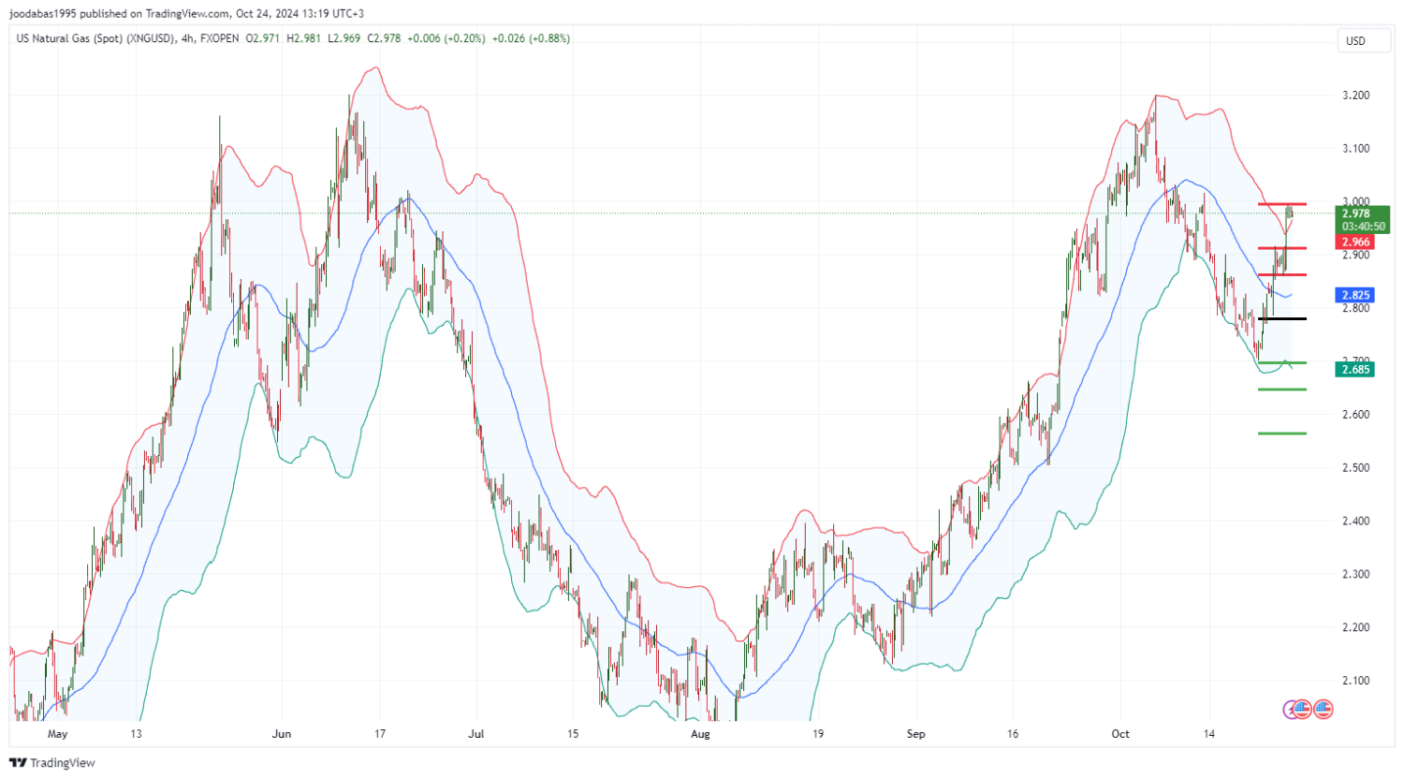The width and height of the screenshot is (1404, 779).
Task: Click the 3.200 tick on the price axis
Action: point(1355,96)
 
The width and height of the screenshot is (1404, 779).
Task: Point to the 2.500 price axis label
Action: point(1355,468)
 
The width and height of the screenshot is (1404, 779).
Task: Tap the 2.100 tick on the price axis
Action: point(1355,681)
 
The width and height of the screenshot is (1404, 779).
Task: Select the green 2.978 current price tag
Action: point(1363,219)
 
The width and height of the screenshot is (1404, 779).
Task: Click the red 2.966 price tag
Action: point(1355,243)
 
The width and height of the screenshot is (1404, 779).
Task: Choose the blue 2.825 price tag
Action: point(1355,295)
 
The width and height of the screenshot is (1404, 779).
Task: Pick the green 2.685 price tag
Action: point(1355,370)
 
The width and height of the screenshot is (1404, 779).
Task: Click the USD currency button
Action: point(1355,41)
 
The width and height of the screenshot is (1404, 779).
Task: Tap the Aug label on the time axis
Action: point(700,734)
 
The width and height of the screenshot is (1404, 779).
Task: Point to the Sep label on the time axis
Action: point(915,734)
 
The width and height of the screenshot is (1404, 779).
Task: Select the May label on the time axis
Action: point(58,734)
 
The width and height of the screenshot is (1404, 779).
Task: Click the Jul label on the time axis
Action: point(476,734)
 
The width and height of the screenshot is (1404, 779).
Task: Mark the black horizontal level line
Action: point(1282,319)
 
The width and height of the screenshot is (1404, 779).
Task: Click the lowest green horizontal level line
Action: point(1282,434)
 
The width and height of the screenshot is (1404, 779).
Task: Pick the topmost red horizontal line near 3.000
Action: point(1282,204)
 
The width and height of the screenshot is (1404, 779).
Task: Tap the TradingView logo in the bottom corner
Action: point(52,763)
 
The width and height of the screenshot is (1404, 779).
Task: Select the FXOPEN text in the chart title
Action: point(219,38)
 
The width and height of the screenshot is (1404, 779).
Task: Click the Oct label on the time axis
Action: point(1120,734)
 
